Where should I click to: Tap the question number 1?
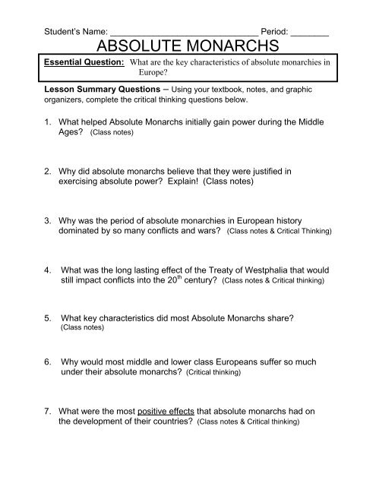pos(47,121)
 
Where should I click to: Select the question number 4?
pos(47,270)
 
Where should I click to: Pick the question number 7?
pos(47,411)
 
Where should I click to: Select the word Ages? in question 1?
pos(73,132)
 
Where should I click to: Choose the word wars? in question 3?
pos(207,230)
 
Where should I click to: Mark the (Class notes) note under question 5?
pos(79,330)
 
